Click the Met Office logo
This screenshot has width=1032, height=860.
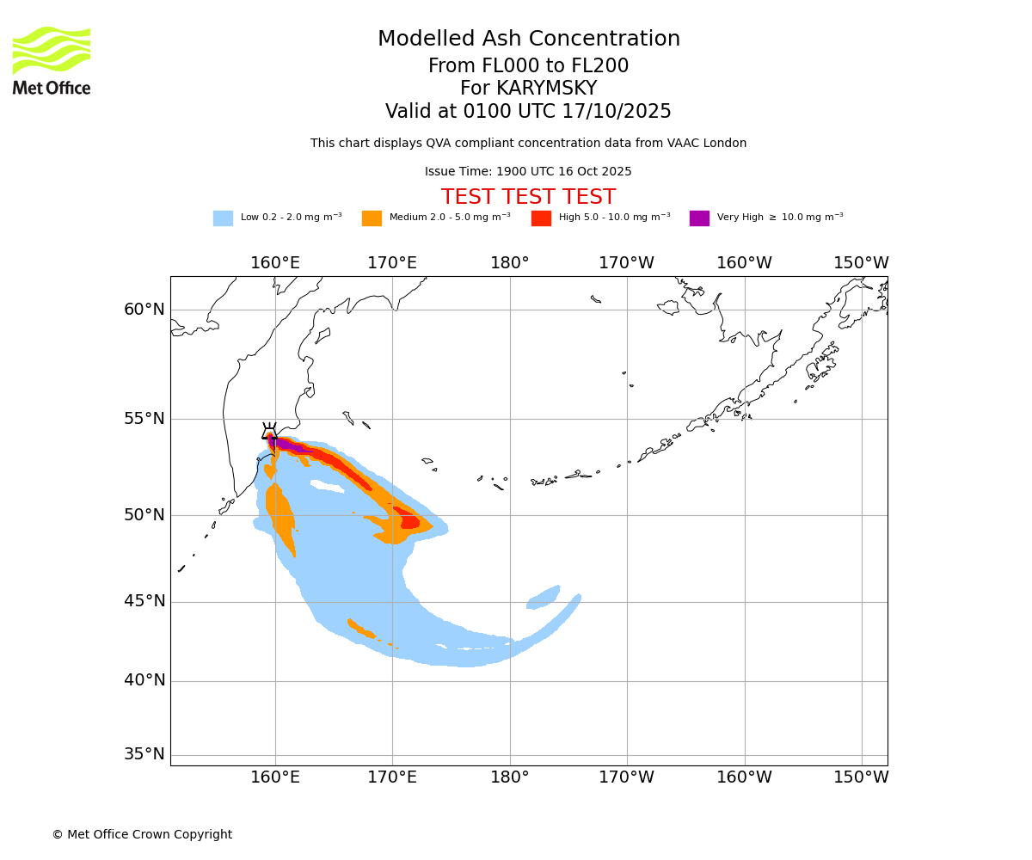coord(52,60)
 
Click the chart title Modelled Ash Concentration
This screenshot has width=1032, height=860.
coord(528,40)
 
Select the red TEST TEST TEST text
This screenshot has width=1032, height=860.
coord(528,197)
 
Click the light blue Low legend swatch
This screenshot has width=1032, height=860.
coord(223,218)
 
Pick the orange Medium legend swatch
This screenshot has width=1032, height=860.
coord(372,218)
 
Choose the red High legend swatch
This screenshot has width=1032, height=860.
coord(541,218)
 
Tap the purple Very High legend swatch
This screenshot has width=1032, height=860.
coord(699,218)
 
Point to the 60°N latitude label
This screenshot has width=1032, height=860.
coord(144,310)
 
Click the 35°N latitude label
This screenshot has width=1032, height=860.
coord(144,754)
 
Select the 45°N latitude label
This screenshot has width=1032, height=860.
coord(144,601)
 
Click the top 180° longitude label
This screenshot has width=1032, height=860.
coord(510,263)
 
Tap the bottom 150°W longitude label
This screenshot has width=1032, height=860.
coord(861,777)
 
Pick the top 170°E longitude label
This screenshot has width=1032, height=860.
coord(392,263)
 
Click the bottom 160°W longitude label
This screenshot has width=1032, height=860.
coord(744,777)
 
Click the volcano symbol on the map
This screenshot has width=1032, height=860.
coord(270,433)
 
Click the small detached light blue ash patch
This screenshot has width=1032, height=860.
coord(544,598)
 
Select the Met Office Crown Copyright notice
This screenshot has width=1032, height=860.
coord(142,835)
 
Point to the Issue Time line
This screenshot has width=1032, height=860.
coord(528,172)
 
